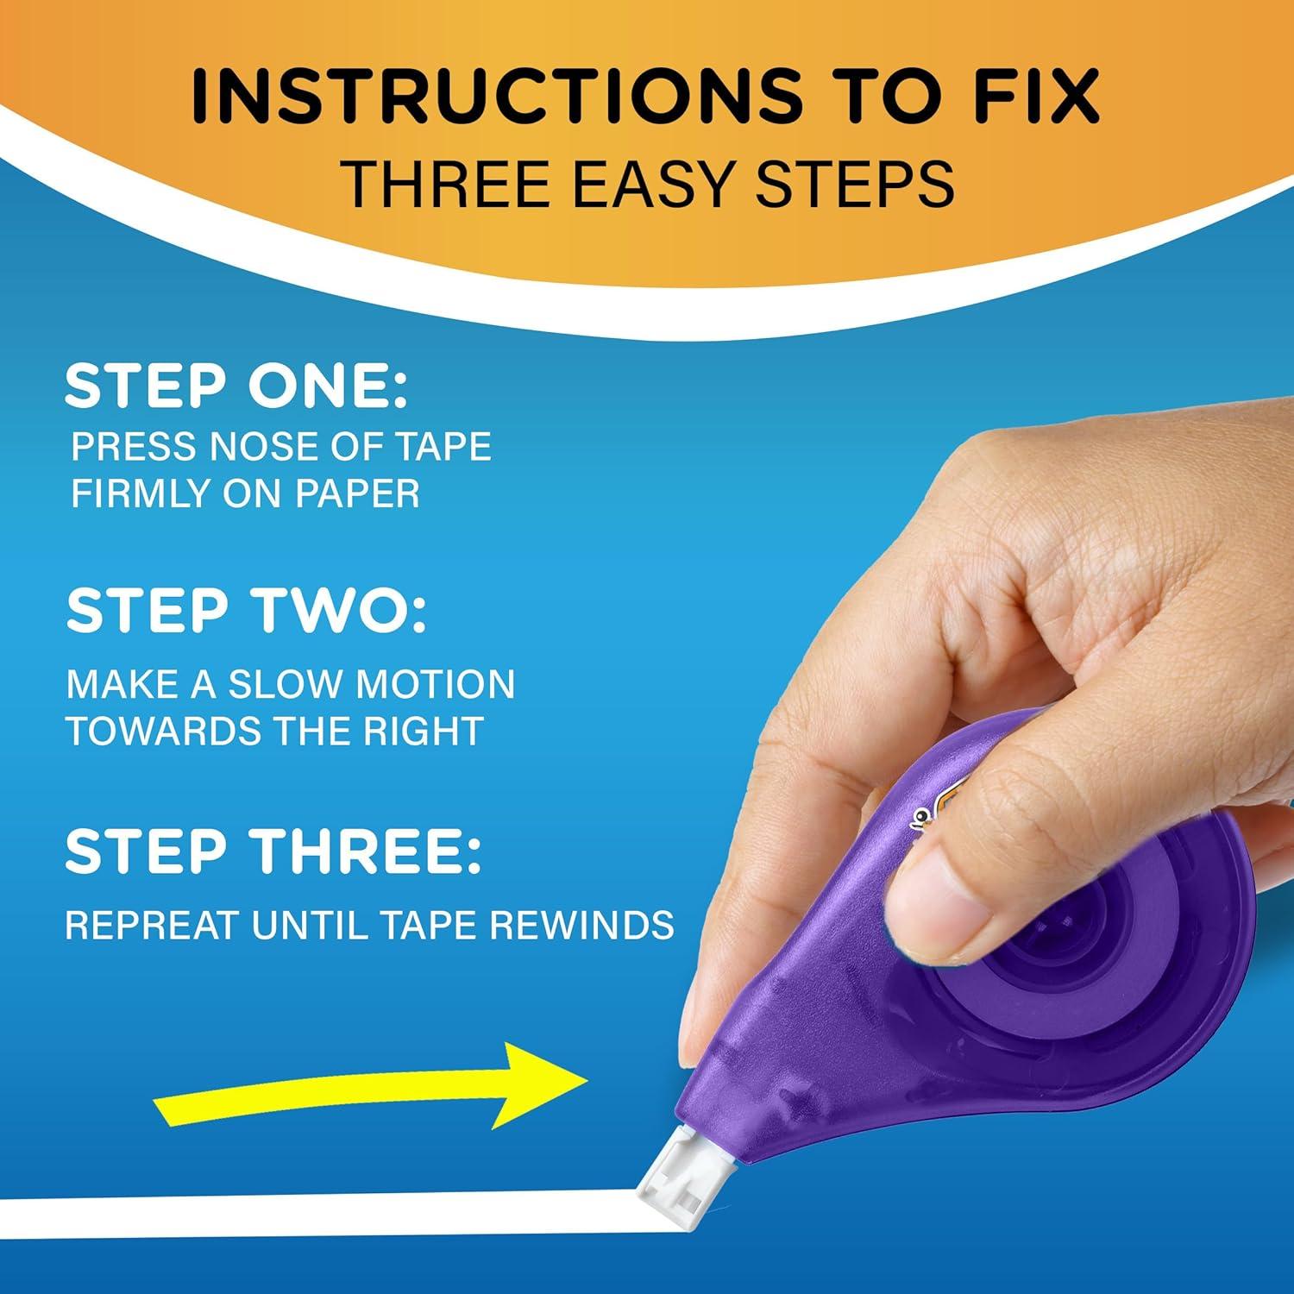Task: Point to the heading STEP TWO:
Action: coord(246,611)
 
